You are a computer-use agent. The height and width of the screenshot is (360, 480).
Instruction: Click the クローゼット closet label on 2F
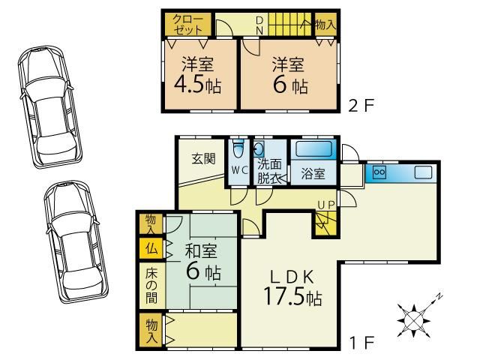click(x=187, y=25)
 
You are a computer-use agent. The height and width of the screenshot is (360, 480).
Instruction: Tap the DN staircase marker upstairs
click(x=259, y=25)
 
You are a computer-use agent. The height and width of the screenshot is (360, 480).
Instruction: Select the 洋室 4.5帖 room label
click(x=197, y=75)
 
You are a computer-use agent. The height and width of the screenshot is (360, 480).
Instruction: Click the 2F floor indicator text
click(x=361, y=106)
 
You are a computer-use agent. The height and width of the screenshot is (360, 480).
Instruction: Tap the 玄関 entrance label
click(x=203, y=158)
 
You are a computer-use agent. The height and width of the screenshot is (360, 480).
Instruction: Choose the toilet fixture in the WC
click(x=238, y=149)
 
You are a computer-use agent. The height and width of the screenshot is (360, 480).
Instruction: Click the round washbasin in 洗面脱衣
click(x=259, y=149)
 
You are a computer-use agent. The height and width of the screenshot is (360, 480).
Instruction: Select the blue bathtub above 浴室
click(x=313, y=149)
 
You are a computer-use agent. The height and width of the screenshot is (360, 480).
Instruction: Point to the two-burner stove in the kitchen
click(x=379, y=172)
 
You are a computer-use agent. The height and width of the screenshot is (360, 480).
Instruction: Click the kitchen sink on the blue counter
click(x=423, y=172)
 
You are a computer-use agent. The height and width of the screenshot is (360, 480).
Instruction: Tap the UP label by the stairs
click(x=326, y=205)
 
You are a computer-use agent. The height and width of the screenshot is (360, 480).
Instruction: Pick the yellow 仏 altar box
click(x=151, y=248)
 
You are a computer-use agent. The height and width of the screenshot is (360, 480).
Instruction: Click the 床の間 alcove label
click(x=151, y=285)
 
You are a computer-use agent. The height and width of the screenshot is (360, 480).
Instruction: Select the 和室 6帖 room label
click(x=202, y=262)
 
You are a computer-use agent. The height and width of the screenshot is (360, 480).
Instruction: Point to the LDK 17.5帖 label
click(x=292, y=287)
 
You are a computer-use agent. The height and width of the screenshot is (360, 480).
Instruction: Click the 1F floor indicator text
click(x=362, y=343)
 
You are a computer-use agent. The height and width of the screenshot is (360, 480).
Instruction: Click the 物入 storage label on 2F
click(x=325, y=24)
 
